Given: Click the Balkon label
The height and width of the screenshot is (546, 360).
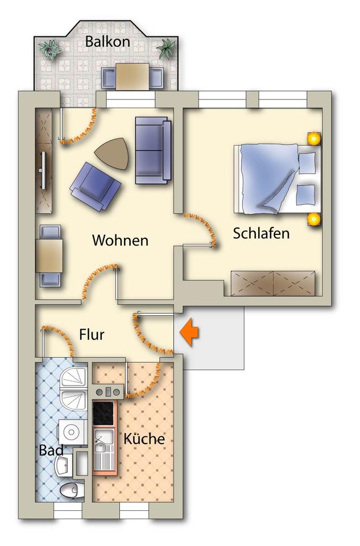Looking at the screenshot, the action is tap(107, 42).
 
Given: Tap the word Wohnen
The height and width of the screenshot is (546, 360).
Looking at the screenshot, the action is tap(120, 241).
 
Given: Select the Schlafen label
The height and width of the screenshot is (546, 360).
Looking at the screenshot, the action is tap(261, 233).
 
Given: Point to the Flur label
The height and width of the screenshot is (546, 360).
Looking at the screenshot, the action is tap(92, 335).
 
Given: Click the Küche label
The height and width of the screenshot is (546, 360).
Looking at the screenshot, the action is tap(144, 439).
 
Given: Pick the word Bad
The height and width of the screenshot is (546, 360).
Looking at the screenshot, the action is tap(51, 450).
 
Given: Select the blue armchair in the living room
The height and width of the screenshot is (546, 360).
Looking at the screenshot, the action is tap(94, 185).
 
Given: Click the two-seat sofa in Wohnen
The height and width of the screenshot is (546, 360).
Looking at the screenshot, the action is tap(152, 150).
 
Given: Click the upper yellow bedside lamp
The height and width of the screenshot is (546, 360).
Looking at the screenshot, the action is tap(313, 138).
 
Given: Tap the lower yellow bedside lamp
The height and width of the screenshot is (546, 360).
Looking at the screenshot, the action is tap(312, 219).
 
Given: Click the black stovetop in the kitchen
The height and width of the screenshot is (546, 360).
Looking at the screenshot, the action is tap(105, 413).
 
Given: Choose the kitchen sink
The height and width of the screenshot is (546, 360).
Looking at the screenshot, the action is tap(104, 449).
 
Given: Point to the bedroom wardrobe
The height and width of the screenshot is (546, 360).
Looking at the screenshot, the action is tap(272, 283).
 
